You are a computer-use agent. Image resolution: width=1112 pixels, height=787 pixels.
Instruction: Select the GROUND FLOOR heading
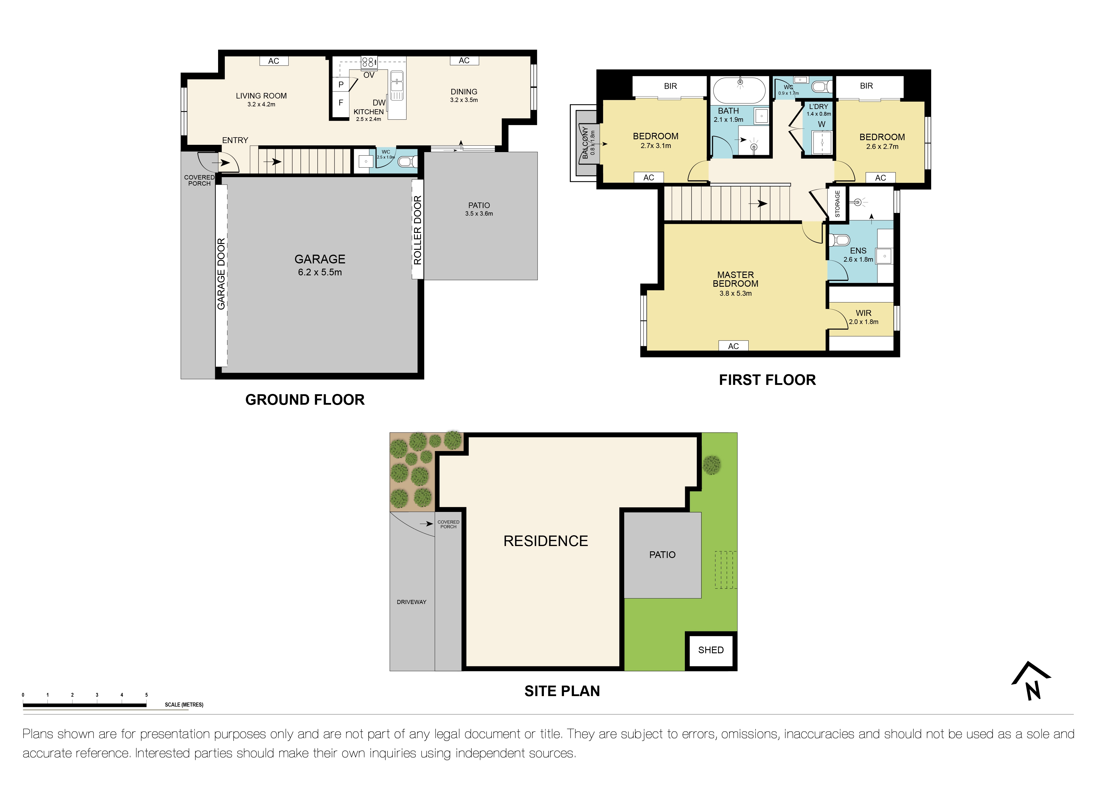coord(305,400)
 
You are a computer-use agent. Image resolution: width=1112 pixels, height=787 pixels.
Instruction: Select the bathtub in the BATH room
coord(739,90)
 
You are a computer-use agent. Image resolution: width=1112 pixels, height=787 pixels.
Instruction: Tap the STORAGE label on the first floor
coord(837,204)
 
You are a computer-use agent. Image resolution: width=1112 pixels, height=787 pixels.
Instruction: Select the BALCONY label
coord(585,142)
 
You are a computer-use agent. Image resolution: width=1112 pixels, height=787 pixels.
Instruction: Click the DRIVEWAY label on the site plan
coord(411,602)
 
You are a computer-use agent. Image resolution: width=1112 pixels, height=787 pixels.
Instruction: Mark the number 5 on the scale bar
coord(146,695)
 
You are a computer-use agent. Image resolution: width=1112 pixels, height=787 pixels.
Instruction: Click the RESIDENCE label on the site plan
coord(545,541)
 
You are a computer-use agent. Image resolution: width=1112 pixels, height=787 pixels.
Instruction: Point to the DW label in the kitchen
coord(379,103)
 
